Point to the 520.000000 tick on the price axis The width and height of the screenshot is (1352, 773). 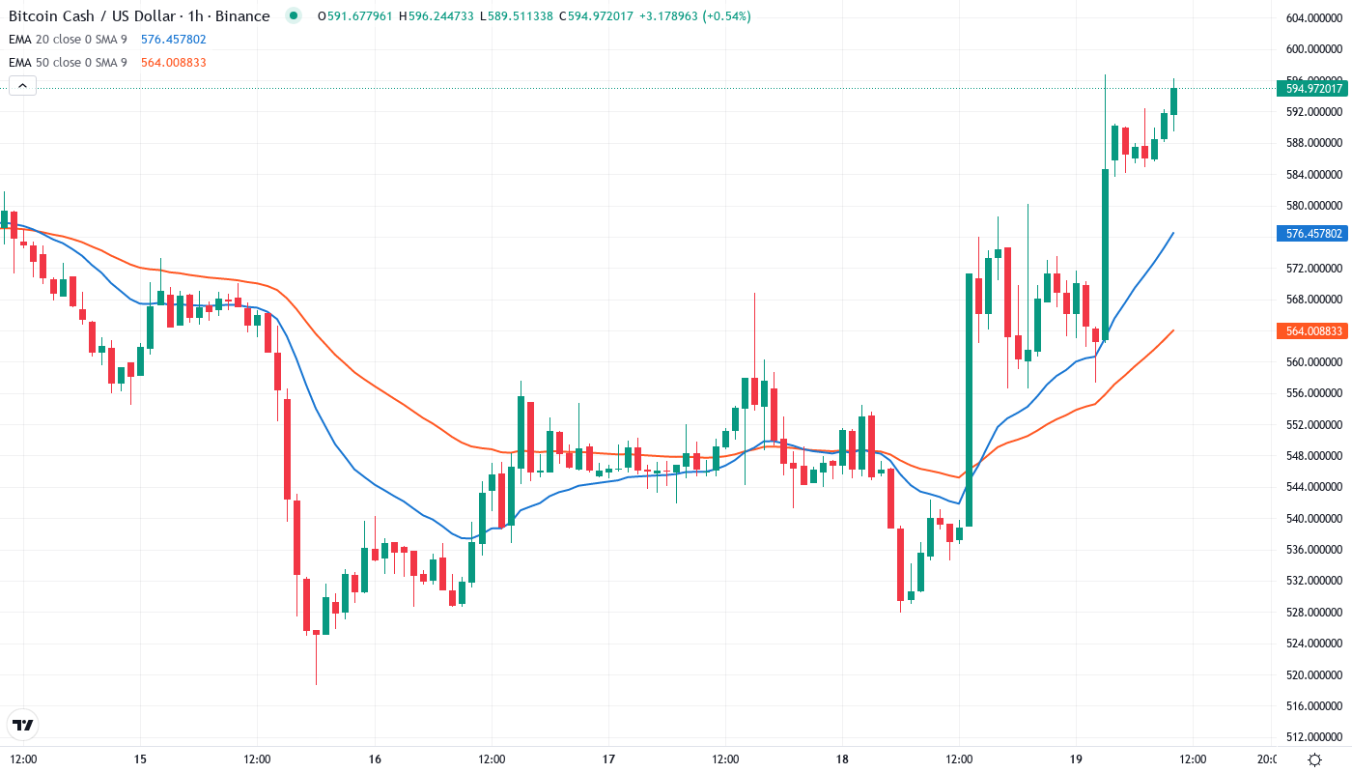click(1314, 674)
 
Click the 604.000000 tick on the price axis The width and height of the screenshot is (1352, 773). click(1314, 18)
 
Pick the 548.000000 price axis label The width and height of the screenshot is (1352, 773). click(1314, 455)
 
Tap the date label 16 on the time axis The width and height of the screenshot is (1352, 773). click(375, 759)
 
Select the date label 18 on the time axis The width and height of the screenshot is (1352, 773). click(842, 759)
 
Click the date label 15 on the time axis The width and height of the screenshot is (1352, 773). click(140, 759)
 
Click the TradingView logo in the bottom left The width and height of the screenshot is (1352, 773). click(22, 725)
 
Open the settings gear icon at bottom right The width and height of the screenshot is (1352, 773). click(1314, 759)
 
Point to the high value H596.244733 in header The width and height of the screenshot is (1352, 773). click(440, 16)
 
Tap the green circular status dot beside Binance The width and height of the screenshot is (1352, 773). click(294, 16)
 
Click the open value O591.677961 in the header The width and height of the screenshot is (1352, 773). click(354, 16)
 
